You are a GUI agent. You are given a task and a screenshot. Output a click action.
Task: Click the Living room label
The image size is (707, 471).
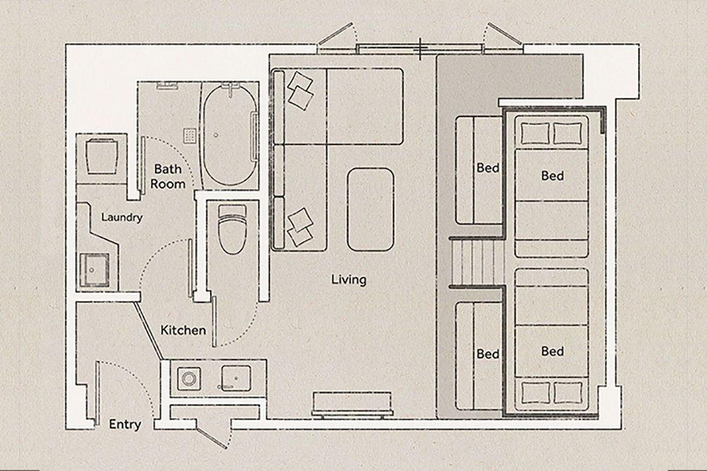pyautogui.click(x=348, y=280)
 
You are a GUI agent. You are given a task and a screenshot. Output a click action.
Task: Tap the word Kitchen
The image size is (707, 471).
pyautogui.click(x=183, y=330)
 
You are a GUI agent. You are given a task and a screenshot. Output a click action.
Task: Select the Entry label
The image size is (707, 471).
pyautogui.click(x=125, y=425)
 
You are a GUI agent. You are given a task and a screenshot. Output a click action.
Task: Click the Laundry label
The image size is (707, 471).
pyautogui.click(x=122, y=217)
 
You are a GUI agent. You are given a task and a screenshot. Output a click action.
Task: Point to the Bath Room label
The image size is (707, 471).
pyautogui.click(x=168, y=176)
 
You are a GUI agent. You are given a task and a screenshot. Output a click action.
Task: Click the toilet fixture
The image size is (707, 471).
pyautogui.click(x=232, y=228)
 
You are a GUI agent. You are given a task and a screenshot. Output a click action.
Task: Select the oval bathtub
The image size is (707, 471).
pyautogui.click(x=230, y=135)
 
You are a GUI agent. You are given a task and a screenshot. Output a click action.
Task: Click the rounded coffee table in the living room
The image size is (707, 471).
pyautogui.click(x=371, y=209)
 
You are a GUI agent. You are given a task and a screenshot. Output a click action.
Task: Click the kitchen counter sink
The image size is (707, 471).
pyautogui.click(x=236, y=377)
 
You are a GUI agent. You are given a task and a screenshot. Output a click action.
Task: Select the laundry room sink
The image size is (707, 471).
pyautogui.click(x=94, y=270)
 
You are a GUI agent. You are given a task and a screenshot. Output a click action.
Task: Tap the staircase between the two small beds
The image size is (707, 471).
pyautogui.click(x=477, y=262)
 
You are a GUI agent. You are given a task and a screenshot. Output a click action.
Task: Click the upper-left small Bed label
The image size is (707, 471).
pyautogui.click(x=488, y=168)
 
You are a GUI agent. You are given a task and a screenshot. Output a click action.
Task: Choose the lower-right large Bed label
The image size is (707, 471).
pyautogui.click(x=553, y=351)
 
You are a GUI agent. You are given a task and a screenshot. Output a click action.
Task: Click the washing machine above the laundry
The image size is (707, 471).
pyautogui.click(x=101, y=157)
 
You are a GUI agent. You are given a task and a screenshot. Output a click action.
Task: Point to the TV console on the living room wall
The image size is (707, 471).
pyautogui.click(x=352, y=404)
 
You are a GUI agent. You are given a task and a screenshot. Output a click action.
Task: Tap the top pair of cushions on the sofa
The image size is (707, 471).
pyautogui.click(x=300, y=90)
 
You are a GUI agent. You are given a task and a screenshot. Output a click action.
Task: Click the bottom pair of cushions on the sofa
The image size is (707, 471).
pyautogui.click(x=300, y=227)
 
